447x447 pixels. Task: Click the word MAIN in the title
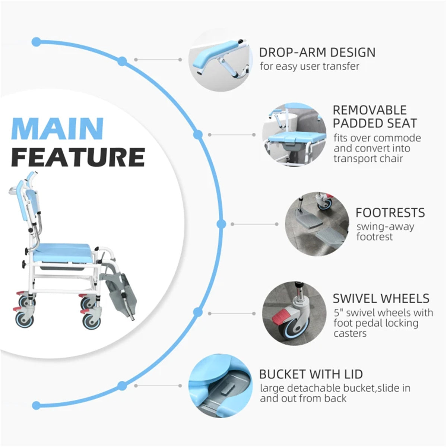57,129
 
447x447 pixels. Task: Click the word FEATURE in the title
78,157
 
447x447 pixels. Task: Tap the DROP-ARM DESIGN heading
317,53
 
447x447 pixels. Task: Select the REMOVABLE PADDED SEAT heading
374,117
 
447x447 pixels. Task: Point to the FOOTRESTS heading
390,213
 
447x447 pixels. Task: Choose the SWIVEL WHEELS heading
381,298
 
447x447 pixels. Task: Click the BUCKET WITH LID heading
311,374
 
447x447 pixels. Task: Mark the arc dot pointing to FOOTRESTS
221,224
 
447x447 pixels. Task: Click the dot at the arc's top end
36,42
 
